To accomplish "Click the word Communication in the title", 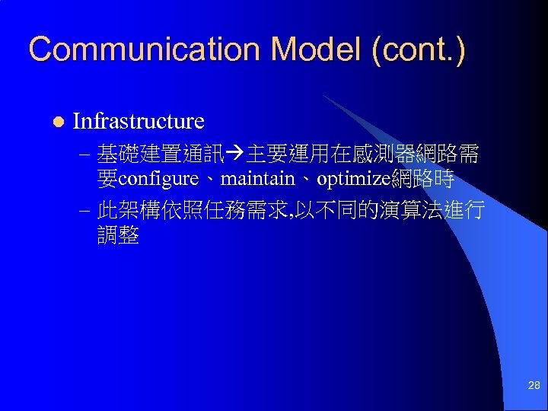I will click(145, 50).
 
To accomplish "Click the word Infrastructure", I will click(138, 121).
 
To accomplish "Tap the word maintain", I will click(256, 180).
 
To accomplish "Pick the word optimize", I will click(352, 180).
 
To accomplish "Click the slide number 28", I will click(534, 386).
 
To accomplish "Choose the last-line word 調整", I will click(118, 235).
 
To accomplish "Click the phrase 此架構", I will click(129, 210).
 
